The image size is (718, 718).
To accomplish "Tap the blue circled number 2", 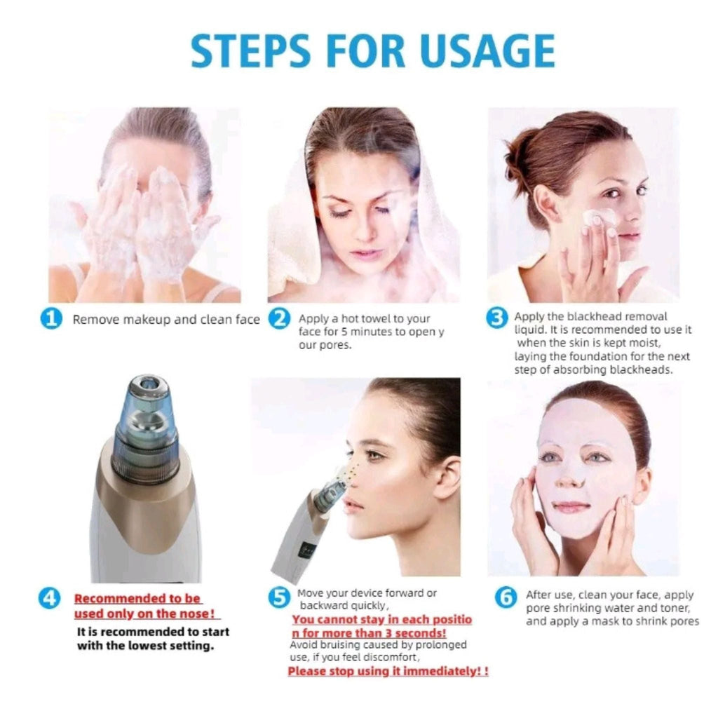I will click(279, 320).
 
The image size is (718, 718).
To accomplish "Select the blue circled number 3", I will click(496, 318).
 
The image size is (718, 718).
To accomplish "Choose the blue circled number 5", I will click(279, 597).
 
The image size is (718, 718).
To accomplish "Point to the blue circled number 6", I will click(505, 598).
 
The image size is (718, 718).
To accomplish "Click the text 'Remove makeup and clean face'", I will click(166, 320).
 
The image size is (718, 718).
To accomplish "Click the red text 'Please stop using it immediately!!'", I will click(388, 671).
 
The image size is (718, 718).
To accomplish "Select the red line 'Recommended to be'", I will click(137, 599).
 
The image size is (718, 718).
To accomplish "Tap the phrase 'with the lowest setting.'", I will click(145, 646).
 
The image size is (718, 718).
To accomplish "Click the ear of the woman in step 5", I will click(447, 477).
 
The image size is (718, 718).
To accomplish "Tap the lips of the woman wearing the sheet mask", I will click(571, 506).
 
